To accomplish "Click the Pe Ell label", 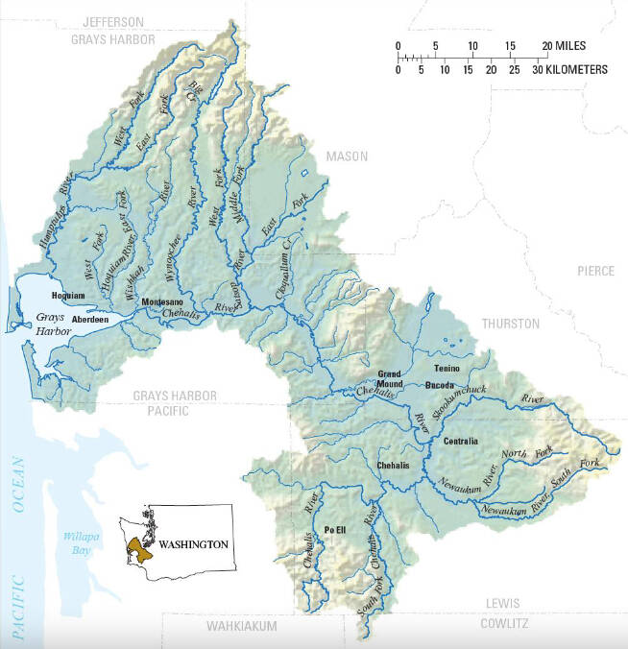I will [335, 529].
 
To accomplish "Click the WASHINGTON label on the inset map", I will [194, 544].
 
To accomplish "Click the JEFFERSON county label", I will [112, 22].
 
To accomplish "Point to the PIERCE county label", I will [595, 272].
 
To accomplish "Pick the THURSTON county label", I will [511, 324].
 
